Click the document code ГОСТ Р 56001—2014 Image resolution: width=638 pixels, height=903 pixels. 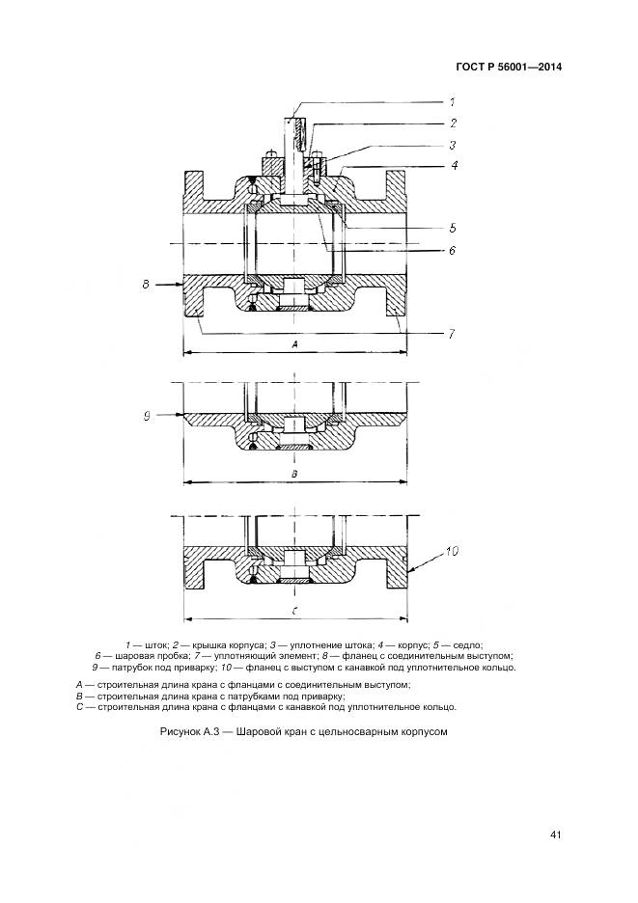coord(509,68)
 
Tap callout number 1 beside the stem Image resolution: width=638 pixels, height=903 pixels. coord(452,101)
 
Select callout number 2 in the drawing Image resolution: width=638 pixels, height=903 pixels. coord(452,123)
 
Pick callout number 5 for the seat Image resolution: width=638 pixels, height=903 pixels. coord(452,229)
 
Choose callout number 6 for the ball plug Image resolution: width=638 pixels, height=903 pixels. coord(452,250)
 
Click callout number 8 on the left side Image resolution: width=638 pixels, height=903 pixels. coord(146,285)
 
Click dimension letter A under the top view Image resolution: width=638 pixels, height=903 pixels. coord(294,343)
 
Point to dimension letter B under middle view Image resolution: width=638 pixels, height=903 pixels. coord(294,475)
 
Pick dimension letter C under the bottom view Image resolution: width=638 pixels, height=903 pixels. coord(294,611)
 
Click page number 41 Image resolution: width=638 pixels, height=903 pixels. coord(555,835)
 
